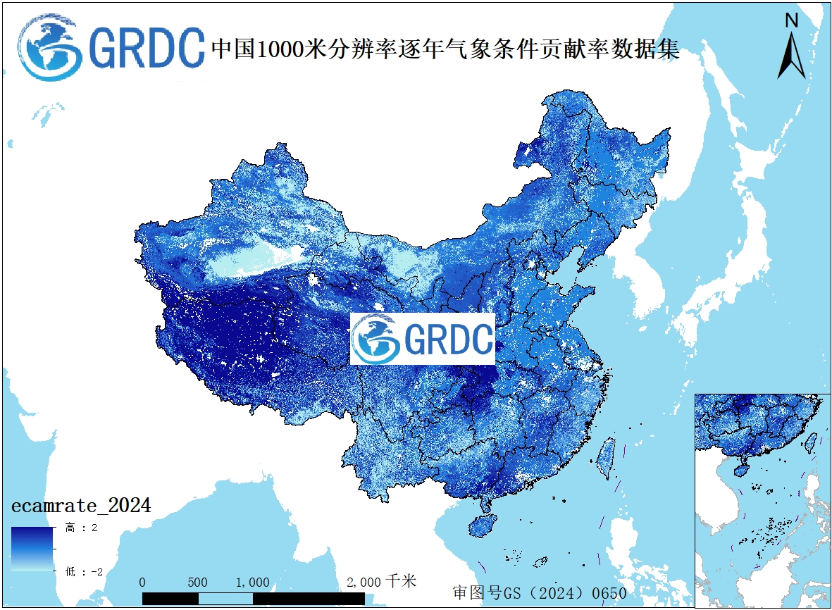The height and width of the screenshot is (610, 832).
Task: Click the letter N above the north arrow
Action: pyautogui.click(x=791, y=20)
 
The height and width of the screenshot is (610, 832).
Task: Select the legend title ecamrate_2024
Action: pyautogui.click(x=80, y=506)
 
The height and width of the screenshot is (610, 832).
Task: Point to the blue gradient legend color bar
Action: pyautogui.click(x=32, y=549)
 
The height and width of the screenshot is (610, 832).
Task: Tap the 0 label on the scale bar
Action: pyautogui.click(x=143, y=583)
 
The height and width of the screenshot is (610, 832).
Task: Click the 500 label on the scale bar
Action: pyautogui.click(x=197, y=583)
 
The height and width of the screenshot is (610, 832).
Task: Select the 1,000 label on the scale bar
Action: pyautogui.click(x=252, y=583)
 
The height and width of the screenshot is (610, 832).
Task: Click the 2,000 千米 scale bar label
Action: pyautogui.click(x=381, y=582)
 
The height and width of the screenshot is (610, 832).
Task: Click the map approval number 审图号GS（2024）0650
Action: pyautogui.click(x=539, y=593)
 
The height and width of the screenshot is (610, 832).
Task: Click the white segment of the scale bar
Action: pyautogui.click(x=225, y=598)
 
